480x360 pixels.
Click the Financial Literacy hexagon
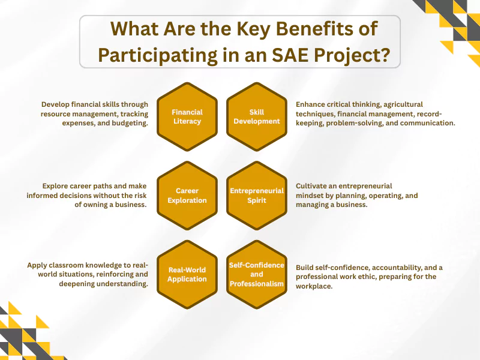[x=187, y=116]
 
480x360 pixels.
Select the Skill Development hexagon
[x=256, y=116]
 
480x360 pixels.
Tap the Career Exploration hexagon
[x=187, y=196]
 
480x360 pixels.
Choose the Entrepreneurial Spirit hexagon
[x=256, y=196]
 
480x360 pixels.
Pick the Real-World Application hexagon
[x=187, y=274]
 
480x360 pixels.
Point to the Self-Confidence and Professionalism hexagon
[x=256, y=274]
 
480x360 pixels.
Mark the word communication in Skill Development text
[x=427, y=122]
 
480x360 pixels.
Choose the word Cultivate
[x=314, y=186]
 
